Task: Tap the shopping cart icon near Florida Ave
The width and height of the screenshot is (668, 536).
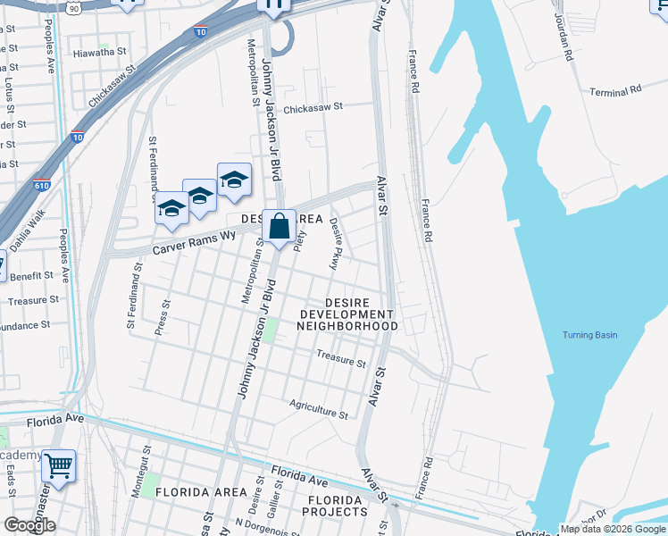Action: point(58,465)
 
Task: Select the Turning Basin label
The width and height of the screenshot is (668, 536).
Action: point(589,335)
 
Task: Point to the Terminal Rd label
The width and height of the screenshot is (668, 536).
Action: point(615,91)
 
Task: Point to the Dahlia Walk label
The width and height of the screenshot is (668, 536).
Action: point(28,230)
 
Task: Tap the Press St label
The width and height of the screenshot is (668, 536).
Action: point(162,317)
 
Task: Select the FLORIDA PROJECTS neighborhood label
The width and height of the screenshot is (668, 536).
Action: point(335,506)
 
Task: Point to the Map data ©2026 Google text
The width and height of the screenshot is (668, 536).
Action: point(613,529)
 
